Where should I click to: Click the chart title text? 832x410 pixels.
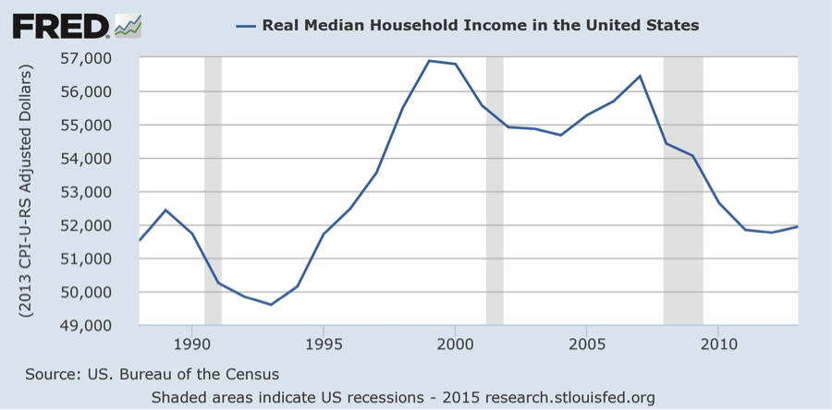(480, 25)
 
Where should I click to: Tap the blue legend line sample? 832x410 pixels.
(246, 25)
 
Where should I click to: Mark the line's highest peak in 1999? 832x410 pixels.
(429, 61)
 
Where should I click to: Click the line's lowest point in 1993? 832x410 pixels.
(271, 305)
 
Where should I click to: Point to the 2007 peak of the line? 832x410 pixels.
(640, 76)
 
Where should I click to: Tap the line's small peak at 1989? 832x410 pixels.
(165, 210)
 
